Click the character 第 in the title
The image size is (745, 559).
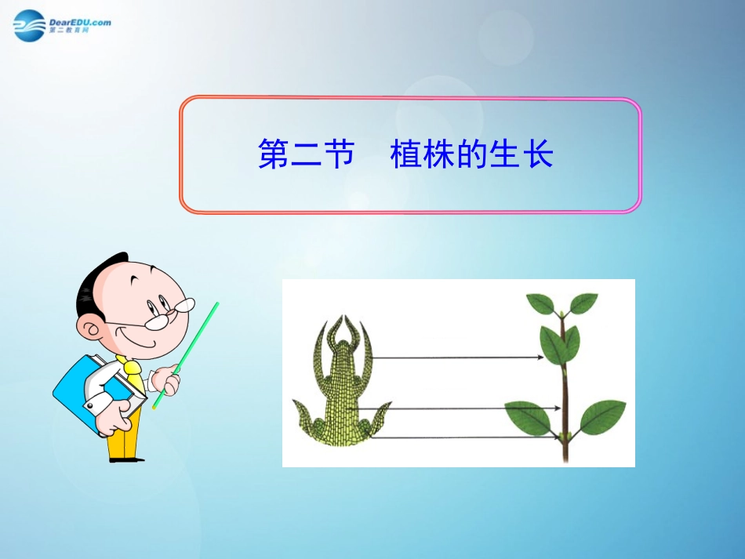pyautogui.click(x=273, y=154)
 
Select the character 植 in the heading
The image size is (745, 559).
pyautogui.click(x=405, y=154)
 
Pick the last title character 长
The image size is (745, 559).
pyautogui.click(x=538, y=154)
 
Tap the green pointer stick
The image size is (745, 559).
pyautogui.click(x=187, y=353)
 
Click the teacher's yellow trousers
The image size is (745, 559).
pyautogui.click(x=123, y=435)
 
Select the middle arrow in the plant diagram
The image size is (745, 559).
pyautogui.click(x=463, y=408)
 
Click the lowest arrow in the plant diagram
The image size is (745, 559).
pyautogui.click(x=463, y=437)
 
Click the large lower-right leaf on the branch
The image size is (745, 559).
pyautogui.click(x=602, y=416)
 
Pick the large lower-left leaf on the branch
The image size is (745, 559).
pyautogui.click(x=529, y=417)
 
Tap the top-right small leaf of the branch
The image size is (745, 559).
pyautogui.click(x=583, y=303)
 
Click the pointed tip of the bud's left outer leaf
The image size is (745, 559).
pyautogui.click(x=296, y=401)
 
